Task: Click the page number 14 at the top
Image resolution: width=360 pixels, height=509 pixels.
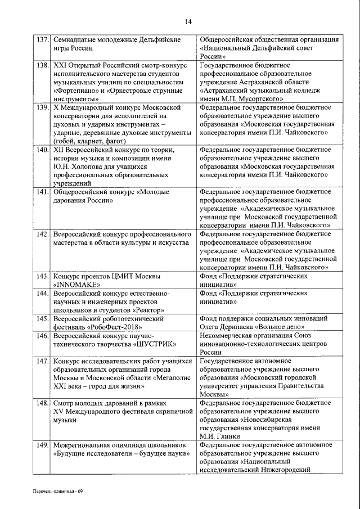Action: pos(187,21)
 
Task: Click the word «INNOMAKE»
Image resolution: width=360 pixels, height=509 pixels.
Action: pos(76,285)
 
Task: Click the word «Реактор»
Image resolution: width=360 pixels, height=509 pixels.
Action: pos(148,310)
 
